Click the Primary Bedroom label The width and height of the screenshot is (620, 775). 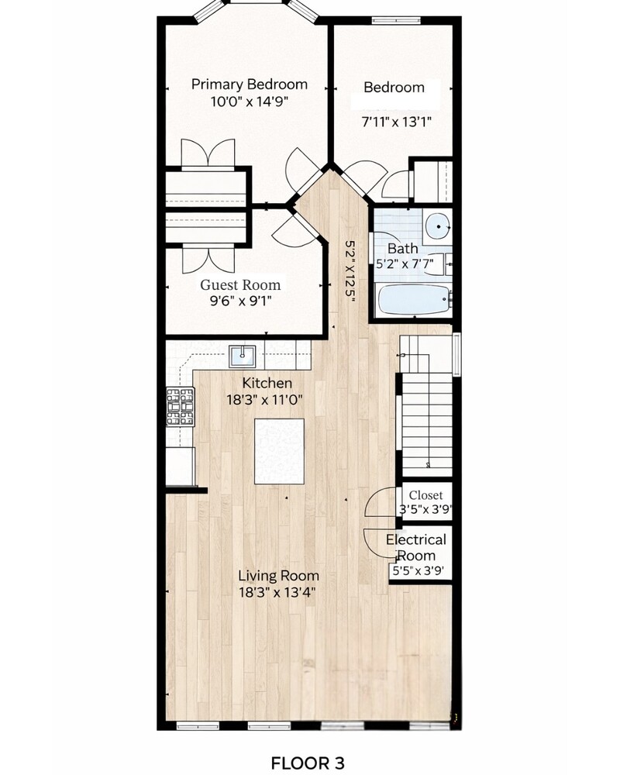coord(250,84)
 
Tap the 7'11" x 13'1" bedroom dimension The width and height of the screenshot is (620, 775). coord(397,122)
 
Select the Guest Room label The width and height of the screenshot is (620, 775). coord(240,284)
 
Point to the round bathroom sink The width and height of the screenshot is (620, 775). coord(438,226)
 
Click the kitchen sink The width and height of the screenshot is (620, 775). coord(243,356)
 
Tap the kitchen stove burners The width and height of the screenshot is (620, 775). coord(181,407)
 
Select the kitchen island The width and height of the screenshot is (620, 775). coord(279,451)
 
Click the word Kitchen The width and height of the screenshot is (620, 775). coord(267,383)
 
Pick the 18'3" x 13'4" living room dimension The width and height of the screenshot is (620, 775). coord(277,592)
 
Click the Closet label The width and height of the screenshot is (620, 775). coord(425,495)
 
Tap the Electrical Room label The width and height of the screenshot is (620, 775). coord(416,547)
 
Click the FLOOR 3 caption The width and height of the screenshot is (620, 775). coord(308,763)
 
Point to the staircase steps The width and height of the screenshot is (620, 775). coord(427,424)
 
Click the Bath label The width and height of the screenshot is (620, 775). coord(402,248)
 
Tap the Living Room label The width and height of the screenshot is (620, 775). coord(278,576)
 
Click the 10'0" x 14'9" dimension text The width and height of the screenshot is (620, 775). coord(250,102)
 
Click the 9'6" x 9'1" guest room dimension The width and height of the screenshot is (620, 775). coord(241,301)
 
